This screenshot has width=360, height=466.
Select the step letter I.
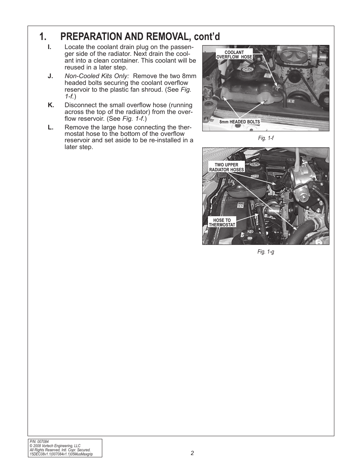[x=49, y=47]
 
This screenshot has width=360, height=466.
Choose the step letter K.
[x=51, y=105]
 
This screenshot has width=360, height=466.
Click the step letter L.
[x=50, y=128]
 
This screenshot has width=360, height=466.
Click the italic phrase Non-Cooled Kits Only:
[x=97, y=76]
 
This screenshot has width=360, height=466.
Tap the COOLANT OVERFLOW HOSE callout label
[x=234, y=55]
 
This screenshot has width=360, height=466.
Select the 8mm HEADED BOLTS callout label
[x=240, y=122]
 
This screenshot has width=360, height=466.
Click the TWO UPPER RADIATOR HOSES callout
[x=226, y=167]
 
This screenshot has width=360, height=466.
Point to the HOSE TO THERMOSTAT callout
[x=222, y=222]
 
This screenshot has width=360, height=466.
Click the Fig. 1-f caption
[x=266, y=138]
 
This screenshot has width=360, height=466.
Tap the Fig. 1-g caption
[x=266, y=252]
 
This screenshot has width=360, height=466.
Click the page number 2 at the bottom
[x=192, y=453]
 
